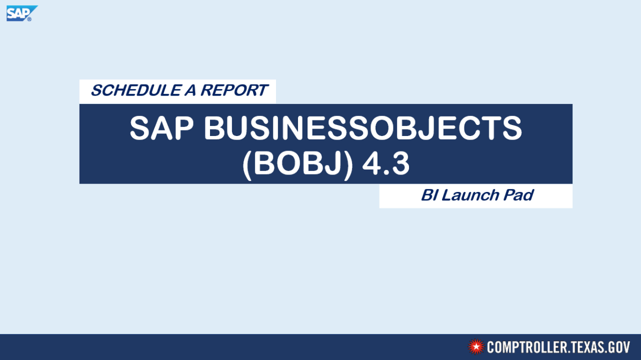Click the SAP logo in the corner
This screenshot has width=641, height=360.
(x=22, y=13)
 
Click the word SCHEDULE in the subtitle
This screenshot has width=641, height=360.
(x=136, y=90)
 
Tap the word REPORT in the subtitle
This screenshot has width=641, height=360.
(x=234, y=90)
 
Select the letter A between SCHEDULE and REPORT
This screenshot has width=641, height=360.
(x=190, y=90)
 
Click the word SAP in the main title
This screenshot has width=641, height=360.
(x=161, y=128)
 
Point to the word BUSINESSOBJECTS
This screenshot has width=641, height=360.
(x=363, y=128)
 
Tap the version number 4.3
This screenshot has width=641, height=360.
(x=385, y=163)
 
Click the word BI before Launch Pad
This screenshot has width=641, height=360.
(x=429, y=195)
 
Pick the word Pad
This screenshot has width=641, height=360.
(x=518, y=195)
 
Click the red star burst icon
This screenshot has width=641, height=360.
(x=476, y=347)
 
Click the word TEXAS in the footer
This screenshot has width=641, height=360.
(x=586, y=347)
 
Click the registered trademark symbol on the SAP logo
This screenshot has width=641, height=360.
(x=29, y=19)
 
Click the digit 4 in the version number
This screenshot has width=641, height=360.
(x=371, y=163)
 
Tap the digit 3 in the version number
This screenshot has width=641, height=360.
(x=400, y=163)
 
